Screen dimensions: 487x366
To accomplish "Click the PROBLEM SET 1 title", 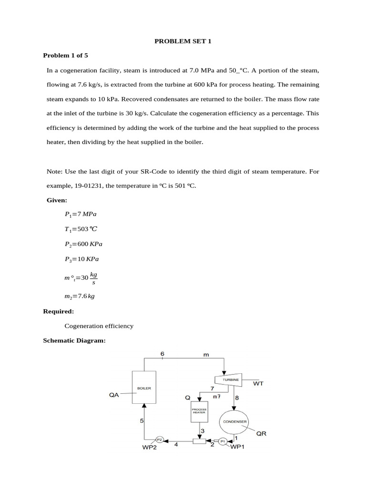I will click(183, 41).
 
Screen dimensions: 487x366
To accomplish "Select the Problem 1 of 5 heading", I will click(65, 55).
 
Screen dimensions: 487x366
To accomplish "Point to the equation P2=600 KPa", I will click(83, 244).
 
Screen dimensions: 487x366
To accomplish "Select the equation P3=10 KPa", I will click(81, 259).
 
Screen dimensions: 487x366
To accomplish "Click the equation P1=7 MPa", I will click(80, 214).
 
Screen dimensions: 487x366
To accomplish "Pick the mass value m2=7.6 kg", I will click(80, 296).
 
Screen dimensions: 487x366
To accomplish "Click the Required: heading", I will click(59, 311).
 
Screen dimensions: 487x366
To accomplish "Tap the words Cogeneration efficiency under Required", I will click(99, 326).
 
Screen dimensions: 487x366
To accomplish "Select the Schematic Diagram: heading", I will click(74, 341).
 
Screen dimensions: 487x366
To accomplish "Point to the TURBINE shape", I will click(229, 380).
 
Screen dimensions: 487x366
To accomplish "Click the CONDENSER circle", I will click(234, 421).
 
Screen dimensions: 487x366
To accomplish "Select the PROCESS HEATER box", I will click(199, 411).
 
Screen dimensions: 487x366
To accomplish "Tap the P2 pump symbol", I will click(160, 440).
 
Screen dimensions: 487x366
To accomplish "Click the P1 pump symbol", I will click(223, 441).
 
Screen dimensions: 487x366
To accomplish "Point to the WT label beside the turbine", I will click(258, 383).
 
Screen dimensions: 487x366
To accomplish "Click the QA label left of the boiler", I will click(114, 394).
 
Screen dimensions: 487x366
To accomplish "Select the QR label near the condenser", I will click(262, 433).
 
